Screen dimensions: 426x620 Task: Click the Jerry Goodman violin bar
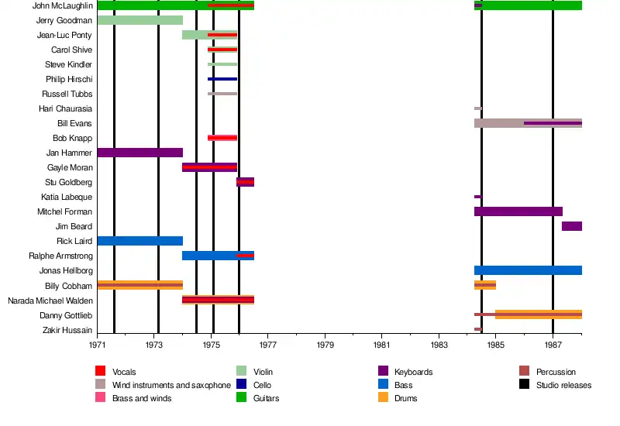click(x=139, y=20)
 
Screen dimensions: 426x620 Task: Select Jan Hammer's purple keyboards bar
click(x=139, y=153)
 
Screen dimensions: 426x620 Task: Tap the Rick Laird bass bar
click(x=139, y=241)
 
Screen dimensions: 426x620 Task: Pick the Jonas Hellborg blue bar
click(x=527, y=270)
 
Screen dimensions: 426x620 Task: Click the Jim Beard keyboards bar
click(x=571, y=226)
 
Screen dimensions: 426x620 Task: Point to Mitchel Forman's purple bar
click(x=518, y=211)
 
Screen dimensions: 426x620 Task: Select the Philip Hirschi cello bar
click(x=222, y=79)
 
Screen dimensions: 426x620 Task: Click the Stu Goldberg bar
click(x=245, y=182)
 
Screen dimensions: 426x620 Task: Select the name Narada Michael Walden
click(x=50, y=301)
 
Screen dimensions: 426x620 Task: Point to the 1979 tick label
click(x=325, y=343)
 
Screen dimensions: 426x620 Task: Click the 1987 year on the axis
click(x=553, y=343)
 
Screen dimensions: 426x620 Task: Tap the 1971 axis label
click(x=97, y=343)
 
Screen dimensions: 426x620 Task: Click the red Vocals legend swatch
click(x=101, y=372)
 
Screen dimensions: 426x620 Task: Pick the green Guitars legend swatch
click(x=242, y=398)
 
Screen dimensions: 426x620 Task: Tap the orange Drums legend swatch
click(x=383, y=398)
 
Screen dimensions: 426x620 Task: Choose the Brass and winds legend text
click(x=142, y=398)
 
